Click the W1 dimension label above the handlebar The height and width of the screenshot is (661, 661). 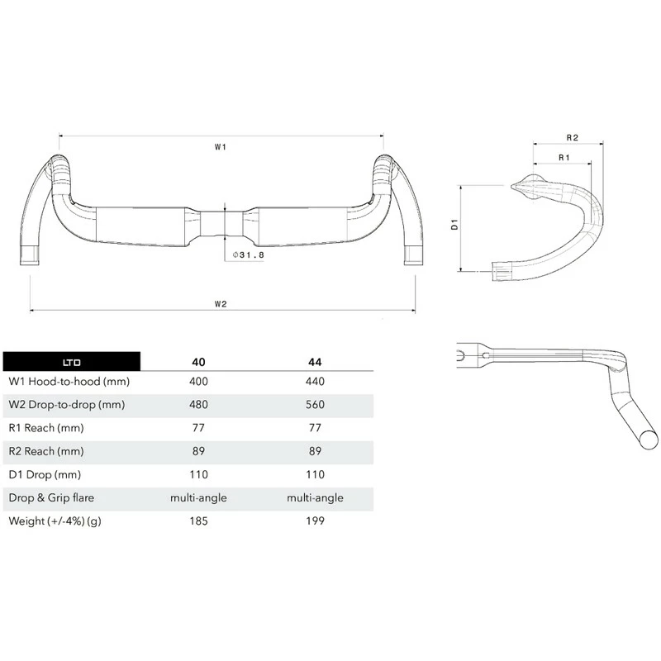click(x=221, y=148)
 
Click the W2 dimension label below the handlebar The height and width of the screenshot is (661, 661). click(x=221, y=303)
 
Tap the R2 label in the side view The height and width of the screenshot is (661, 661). click(x=572, y=137)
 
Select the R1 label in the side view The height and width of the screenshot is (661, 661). click(x=563, y=157)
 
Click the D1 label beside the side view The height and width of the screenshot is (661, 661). click(x=454, y=226)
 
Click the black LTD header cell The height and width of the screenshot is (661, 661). click(x=72, y=361)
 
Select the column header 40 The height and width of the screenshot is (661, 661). click(x=198, y=361)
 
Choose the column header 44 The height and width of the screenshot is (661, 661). click(x=314, y=361)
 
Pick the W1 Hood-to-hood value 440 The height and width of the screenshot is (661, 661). click(x=314, y=382)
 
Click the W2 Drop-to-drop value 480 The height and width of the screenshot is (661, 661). click(x=198, y=406)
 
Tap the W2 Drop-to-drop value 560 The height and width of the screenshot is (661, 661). click(x=314, y=406)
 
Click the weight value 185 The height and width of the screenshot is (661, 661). click(x=198, y=521)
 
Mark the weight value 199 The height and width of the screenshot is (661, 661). click(x=314, y=521)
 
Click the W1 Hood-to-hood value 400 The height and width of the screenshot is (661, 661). click(x=198, y=382)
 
